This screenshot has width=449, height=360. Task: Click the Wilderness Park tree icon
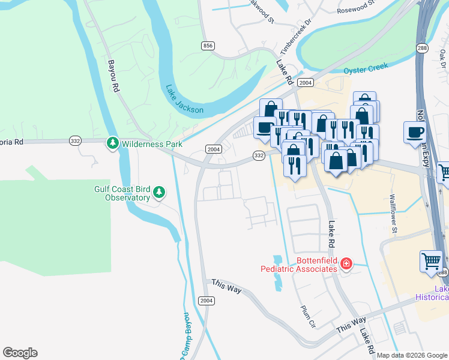[112, 143]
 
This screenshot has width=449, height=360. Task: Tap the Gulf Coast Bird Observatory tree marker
[158, 192]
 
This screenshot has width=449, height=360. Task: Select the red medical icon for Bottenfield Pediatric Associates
[346, 264]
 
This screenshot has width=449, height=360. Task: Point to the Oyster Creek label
[366, 70]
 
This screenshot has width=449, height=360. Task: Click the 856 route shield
[208, 45]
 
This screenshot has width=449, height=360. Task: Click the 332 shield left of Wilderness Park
[92, 140]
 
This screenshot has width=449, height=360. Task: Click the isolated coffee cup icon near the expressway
[415, 133]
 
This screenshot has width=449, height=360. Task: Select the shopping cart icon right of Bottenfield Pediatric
[432, 262]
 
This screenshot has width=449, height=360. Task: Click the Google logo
[20, 353]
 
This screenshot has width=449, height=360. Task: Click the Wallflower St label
[394, 212]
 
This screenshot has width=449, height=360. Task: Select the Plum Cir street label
[307, 316]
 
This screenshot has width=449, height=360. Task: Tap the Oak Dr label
[443, 59]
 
